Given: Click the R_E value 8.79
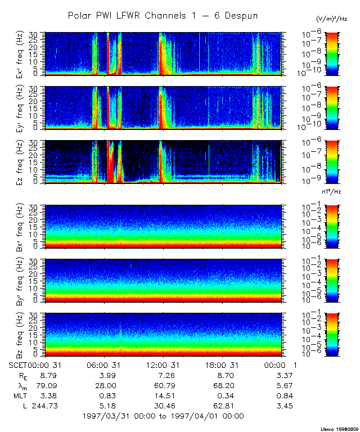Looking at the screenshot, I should (x=46, y=375).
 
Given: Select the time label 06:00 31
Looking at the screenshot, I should (x=105, y=364).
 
